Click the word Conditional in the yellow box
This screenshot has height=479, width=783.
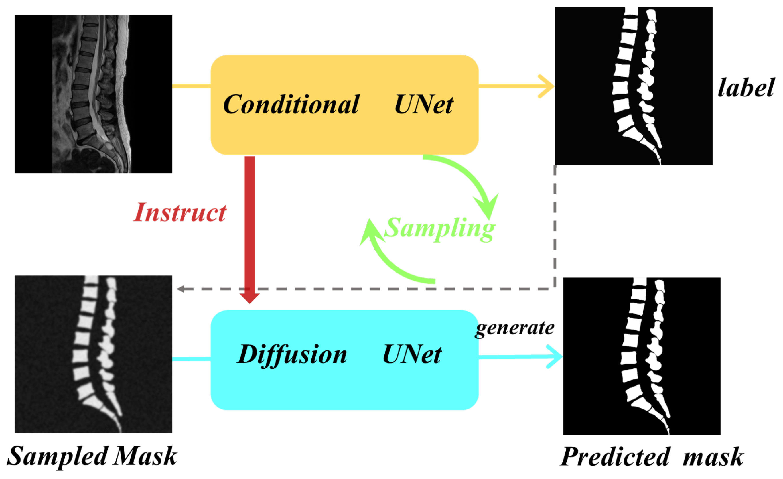291,104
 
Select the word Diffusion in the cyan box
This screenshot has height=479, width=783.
292,354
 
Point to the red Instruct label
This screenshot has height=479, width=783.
180,212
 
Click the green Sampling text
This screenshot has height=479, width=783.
439,228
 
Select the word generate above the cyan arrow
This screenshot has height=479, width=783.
515,328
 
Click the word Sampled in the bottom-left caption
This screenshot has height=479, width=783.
57,456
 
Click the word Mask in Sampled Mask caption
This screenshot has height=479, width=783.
145,456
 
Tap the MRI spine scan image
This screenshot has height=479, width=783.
93,94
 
